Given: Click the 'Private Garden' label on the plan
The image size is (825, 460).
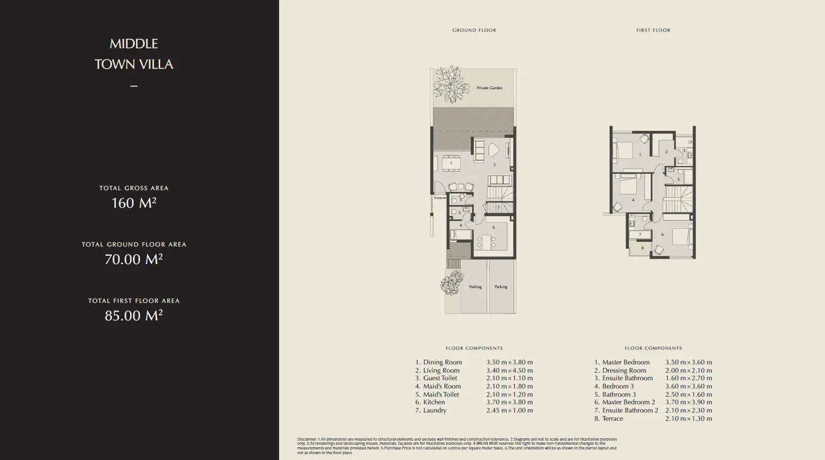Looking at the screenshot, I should point(489,88).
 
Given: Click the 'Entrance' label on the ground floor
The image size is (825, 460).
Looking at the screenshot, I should point(440,198).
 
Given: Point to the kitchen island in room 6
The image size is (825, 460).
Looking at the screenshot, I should point(486,241).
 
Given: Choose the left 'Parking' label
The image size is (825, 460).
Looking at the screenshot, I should point(475,287).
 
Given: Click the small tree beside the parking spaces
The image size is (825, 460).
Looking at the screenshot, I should point(452,285).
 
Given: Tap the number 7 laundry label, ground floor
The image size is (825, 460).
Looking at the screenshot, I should point(498,207).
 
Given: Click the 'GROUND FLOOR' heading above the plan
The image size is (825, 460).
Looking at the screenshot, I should point(474,31).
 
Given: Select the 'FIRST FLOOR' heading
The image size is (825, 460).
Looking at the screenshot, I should point(653,31).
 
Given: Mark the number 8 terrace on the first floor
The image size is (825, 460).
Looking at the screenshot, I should point(643,248).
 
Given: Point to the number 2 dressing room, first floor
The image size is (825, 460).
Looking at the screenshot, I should point(666,152).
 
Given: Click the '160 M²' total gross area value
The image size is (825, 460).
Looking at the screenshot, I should point(134,203).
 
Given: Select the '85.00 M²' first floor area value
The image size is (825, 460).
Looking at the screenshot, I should point(134,316).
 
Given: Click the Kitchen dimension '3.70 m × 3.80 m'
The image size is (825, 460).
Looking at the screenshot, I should point(509,402).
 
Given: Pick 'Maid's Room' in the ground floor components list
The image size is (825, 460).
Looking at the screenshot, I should point(442,387).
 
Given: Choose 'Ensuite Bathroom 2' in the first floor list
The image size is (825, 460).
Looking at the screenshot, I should point(630,411).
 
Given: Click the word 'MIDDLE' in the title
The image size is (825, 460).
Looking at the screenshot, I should point(134,44).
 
